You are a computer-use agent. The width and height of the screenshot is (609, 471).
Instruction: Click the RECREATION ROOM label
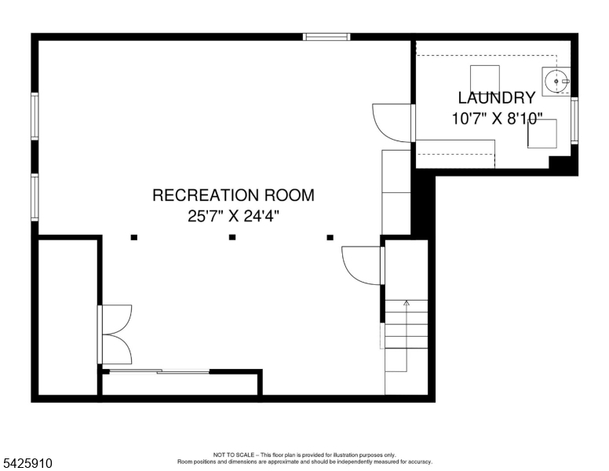pyautogui.click(x=233, y=195)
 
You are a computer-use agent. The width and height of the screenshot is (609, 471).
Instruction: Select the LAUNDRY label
pyautogui.click(x=496, y=98)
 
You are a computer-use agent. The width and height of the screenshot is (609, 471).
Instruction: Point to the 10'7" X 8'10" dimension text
pyautogui.click(x=496, y=119)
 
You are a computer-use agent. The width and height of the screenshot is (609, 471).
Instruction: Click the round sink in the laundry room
pyautogui.click(x=556, y=80)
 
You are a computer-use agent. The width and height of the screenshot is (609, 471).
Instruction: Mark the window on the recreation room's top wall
pyautogui.click(x=326, y=36)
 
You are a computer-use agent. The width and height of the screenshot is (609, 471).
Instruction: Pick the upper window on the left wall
pyautogui.click(x=35, y=116)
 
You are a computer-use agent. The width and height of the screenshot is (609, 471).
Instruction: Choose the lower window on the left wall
pyautogui.click(x=35, y=196)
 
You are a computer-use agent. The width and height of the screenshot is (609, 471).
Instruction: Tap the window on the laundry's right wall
pyautogui.click(x=574, y=120)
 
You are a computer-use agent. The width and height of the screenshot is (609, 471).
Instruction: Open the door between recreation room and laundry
pyautogui.click(x=392, y=122)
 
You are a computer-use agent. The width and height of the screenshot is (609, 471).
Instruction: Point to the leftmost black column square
pyautogui.click(x=134, y=237)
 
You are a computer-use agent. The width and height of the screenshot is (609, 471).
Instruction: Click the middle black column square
pyautogui.click(x=232, y=237)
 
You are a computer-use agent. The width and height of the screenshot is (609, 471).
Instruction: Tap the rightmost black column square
pyautogui.click(x=330, y=237)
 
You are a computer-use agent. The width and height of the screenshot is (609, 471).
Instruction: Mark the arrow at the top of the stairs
pyautogui.click(x=406, y=302)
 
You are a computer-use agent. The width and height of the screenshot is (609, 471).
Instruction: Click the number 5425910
pyautogui.click(x=27, y=464)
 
